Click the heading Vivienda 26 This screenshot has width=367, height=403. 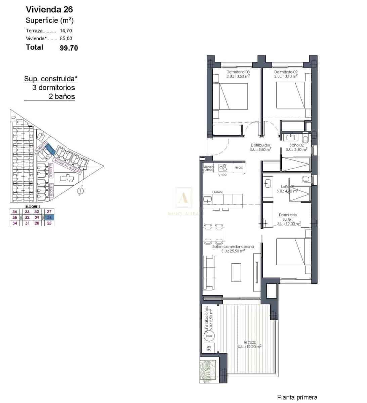click(49, 9)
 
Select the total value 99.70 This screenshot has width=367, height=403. click(69, 48)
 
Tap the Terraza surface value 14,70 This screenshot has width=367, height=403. click(66, 31)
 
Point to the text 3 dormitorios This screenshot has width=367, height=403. click(53, 88)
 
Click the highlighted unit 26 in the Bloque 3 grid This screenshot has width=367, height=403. click(49, 217)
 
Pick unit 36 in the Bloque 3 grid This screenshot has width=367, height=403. click(14, 212)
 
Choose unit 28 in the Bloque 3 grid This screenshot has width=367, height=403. click(37, 223)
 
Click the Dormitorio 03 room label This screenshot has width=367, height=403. click(238, 72)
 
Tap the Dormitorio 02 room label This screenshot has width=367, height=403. click(286, 72)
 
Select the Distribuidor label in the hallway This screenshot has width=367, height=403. click(260, 145)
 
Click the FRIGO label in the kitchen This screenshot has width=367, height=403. click(239, 168)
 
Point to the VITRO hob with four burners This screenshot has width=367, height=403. click(222, 167)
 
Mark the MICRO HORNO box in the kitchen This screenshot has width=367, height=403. click(208, 168)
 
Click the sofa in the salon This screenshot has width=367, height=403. click(209, 272)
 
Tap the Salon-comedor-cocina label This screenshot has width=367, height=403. click(233, 247)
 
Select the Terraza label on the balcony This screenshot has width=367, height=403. click(250, 342)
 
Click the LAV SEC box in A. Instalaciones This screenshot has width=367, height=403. click(209, 348)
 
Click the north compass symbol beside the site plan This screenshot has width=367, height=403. click(80, 191)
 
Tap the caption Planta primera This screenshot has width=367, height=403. click(297, 397)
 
